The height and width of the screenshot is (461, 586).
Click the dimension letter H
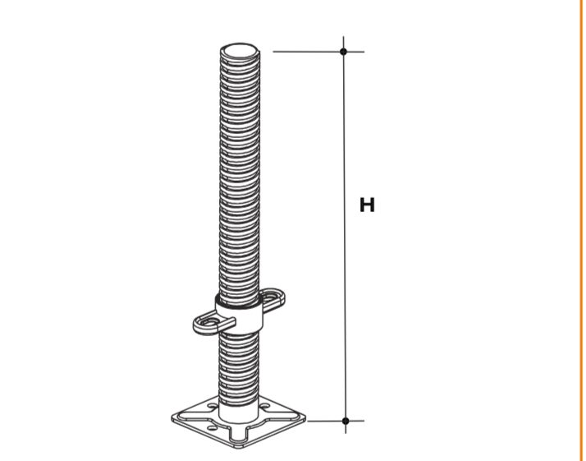[x=367, y=205]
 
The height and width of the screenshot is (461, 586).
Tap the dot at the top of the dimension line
[x=343, y=52]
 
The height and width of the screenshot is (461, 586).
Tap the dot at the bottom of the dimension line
[x=346, y=421]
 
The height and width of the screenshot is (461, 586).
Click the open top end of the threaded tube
[x=239, y=50]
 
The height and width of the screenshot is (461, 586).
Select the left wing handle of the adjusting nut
[x=211, y=324]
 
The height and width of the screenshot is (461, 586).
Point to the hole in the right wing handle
[x=272, y=297]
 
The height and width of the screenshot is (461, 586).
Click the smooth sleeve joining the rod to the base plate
[x=239, y=412]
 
